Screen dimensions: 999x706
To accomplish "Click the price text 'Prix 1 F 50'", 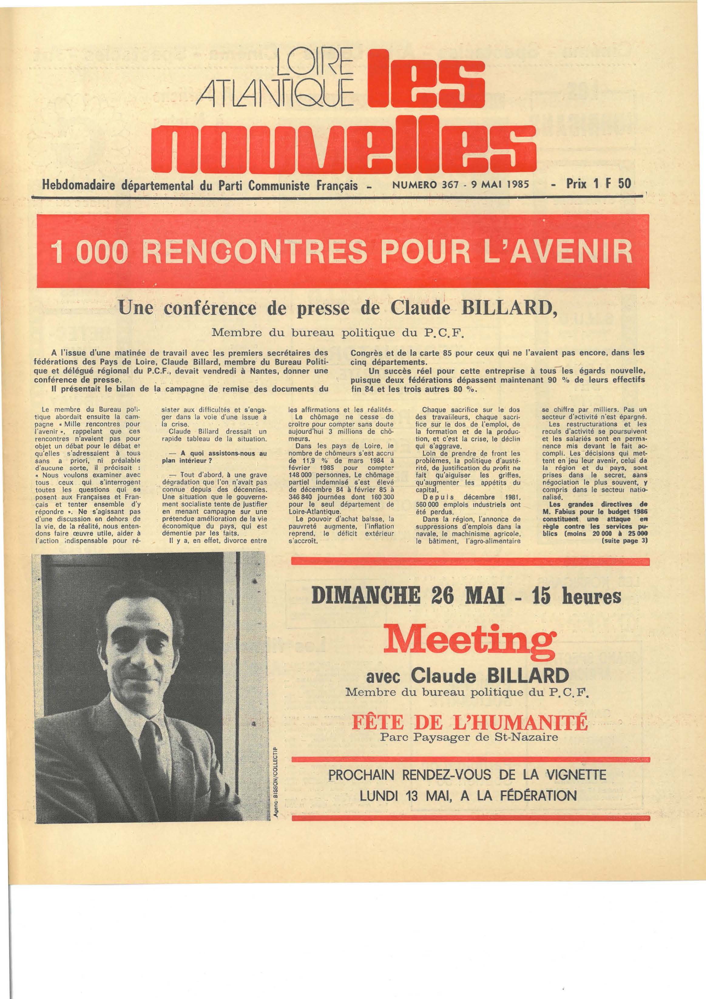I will click(x=598, y=184).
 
